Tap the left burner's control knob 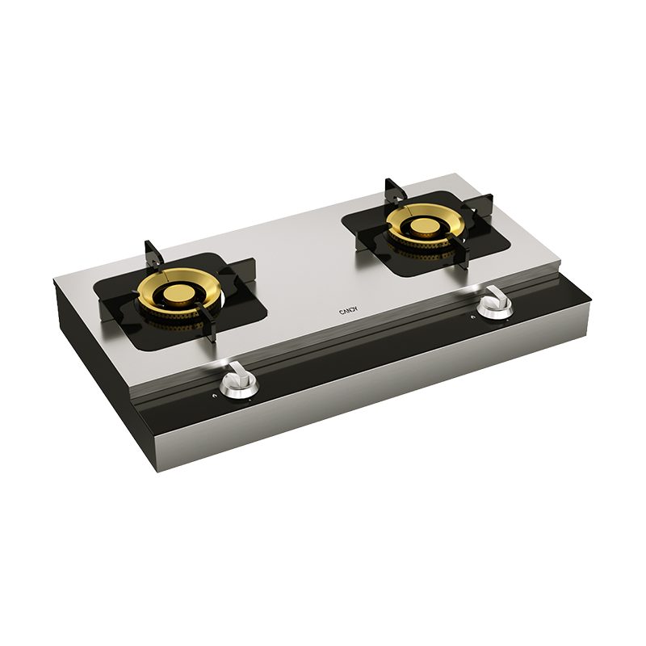pyautogui.click(x=239, y=382)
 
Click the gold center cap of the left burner pyautogui.click(x=177, y=294)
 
